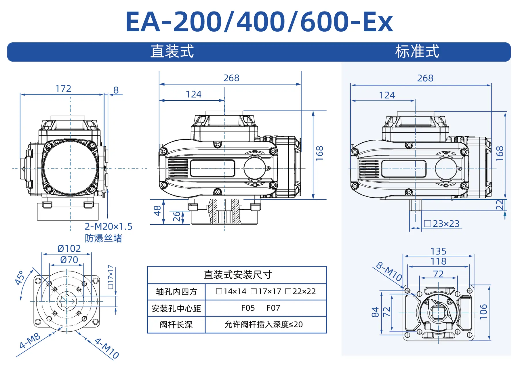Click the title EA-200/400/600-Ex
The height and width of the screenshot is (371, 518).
pyautogui.click(x=259, y=22)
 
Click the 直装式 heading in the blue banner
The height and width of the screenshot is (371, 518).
pyautogui.click(x=172, y=51)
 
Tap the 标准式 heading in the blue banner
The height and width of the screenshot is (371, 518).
pyautogui.click(x=417, y=51)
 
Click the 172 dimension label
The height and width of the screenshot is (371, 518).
pyautogui.click(x=63, y=89)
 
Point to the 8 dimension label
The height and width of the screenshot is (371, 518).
pyautogui.click(x=116, y=90)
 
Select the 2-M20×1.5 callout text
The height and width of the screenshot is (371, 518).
pyautogui.click(x=108, y=227)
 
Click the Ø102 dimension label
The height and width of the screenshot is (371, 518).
pyautogui.click(x=69, y=248)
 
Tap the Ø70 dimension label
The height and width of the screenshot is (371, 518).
pyautogui.click(x=69, y=260)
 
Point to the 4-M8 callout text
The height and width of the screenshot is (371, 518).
pyautogui.click(x=30, y=341)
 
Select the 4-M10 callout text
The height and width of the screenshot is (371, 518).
pyautogui.click(x=107, y=348)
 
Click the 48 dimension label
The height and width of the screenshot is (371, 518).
pyautogui.click(x=157, y=211)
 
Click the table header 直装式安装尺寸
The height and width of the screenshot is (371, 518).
pyautogui.click(x=238, y=275)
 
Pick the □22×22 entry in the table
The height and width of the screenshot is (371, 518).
pyautogui.click(x=300, y=291)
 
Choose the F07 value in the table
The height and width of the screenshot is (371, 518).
pyautogui.click(x=273, y=308)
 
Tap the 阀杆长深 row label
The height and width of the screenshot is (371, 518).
pyautogui.click(x=176, y=325)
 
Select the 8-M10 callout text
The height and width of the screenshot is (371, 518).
pyautogui.click(x=389, y=271)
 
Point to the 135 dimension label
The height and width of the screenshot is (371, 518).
pyautogui.click(x=438, y=251)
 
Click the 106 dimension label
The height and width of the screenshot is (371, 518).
pyautogui.click(x=483, y=311)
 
